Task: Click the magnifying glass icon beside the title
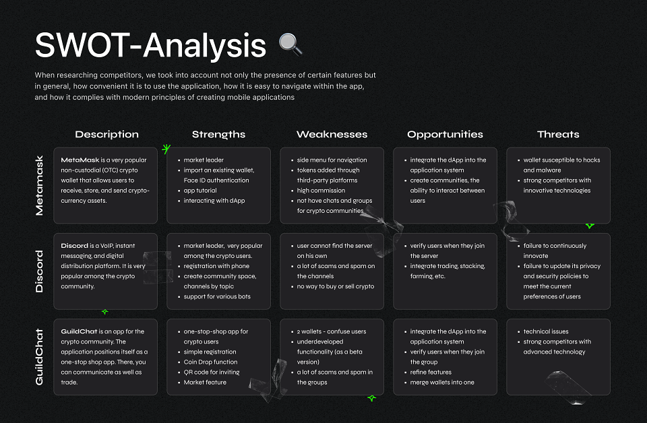pos(290,44)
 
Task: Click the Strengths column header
pos(218,135)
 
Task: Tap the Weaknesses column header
pos(332,135)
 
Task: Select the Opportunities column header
pos(445,135)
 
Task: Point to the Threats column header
pos(558,135)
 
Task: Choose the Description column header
pos(107,135)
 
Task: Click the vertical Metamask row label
pos(39,185)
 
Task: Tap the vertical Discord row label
pos(39,271)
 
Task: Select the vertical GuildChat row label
pos(39,357)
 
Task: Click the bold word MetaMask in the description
pos(80,160)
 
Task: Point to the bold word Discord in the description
pos(74,246)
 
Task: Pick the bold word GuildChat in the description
pos(79,331)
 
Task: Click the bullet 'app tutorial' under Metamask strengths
pos(200,191)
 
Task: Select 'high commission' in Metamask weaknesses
pos(321,191)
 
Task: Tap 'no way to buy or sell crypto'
pos(336,286)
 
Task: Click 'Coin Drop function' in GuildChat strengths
pos(210,362)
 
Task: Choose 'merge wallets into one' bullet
pos(442,382)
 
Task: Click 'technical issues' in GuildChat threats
pos(546,331)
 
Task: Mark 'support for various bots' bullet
pos(217,296)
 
